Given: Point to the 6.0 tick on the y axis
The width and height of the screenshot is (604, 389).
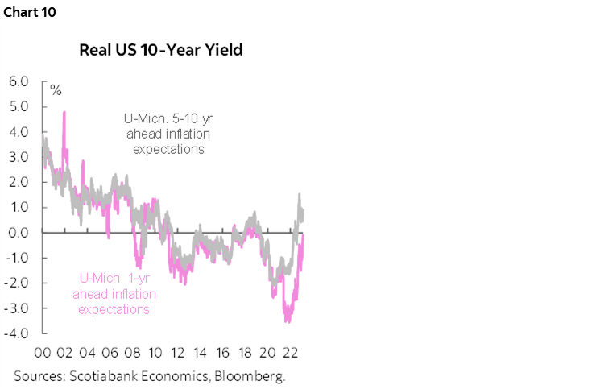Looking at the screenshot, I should [19, 81].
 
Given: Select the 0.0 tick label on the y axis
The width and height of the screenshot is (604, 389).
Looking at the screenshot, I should [19, 233].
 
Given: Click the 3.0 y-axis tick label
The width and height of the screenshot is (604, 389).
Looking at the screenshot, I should [19, 157].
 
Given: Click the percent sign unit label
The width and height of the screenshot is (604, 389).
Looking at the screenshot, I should [56, 89].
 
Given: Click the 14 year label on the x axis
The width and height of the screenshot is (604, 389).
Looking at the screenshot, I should [201, 353].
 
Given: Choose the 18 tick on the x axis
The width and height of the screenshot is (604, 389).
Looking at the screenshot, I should [246, 353].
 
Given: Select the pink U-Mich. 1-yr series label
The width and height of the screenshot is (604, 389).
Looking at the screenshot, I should [111, 294].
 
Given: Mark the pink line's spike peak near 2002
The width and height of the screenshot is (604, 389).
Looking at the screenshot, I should [64, 112].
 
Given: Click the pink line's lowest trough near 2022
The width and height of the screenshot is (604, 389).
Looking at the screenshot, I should [288, 321].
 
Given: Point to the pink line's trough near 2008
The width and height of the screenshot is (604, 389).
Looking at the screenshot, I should [139, 267].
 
